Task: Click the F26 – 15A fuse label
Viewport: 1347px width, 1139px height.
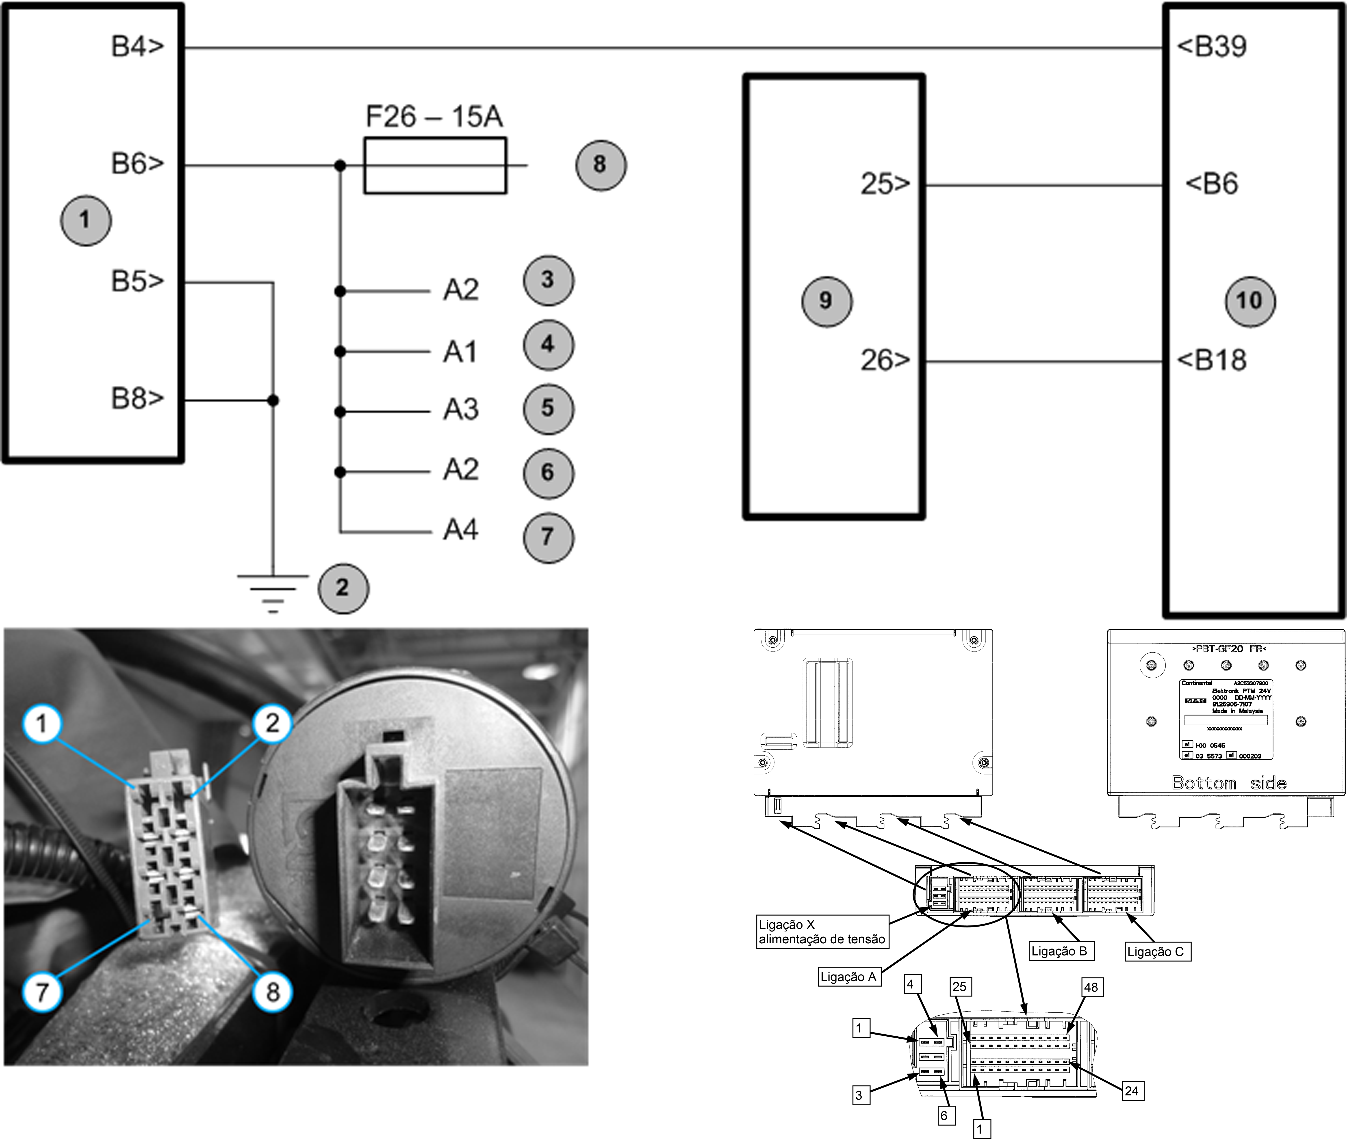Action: (x=434, y=117)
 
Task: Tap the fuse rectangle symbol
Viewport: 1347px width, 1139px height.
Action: (x=435, y=165)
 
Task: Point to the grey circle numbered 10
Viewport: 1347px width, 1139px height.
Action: (x=1249, y=301)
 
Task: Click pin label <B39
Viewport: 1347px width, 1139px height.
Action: (x=1212, y=46)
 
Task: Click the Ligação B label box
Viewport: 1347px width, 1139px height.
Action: (x=1059, y=951)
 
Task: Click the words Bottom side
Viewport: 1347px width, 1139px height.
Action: (x=1229, y=783)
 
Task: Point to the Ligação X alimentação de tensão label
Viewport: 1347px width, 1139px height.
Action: (x=822, y=932)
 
